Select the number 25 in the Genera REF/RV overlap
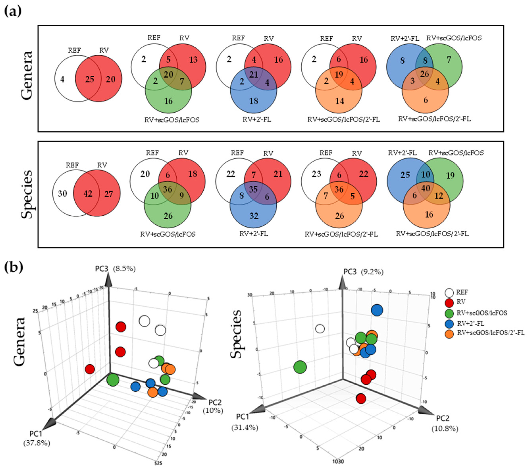(89, 79)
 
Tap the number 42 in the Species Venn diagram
(88, 193)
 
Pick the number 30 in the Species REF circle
(62, 193)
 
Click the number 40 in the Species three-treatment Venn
(425, 188)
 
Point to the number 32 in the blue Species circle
(254, 216)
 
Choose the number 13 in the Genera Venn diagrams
(193, 60)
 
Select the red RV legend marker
(450, 303)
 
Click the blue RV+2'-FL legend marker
(450, 323)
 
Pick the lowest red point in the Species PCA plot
(361, 398)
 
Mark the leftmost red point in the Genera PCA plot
(89, 369)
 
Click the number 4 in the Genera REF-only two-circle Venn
(62, 79)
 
